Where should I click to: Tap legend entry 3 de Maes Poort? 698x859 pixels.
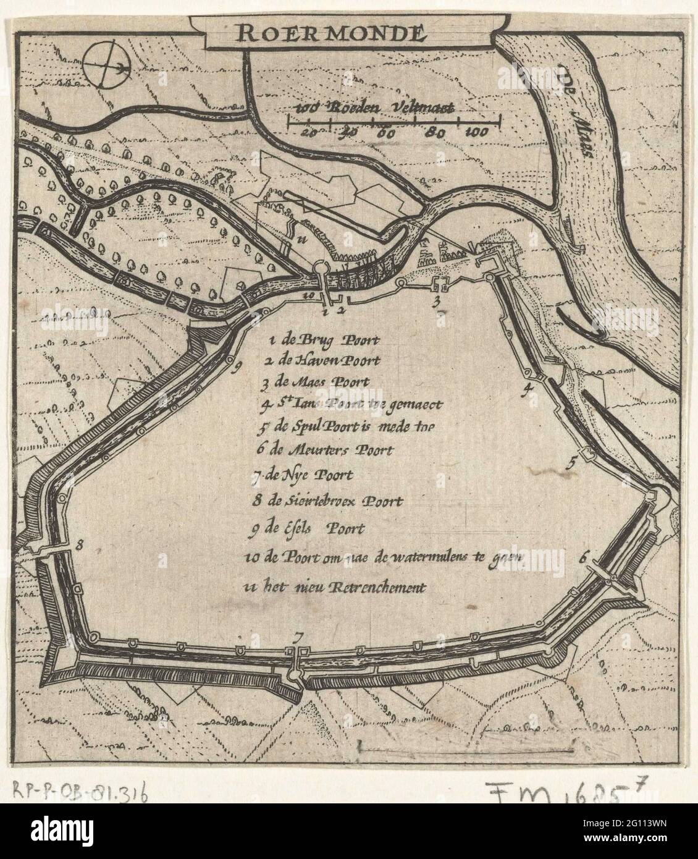click(x=315, y=383)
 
